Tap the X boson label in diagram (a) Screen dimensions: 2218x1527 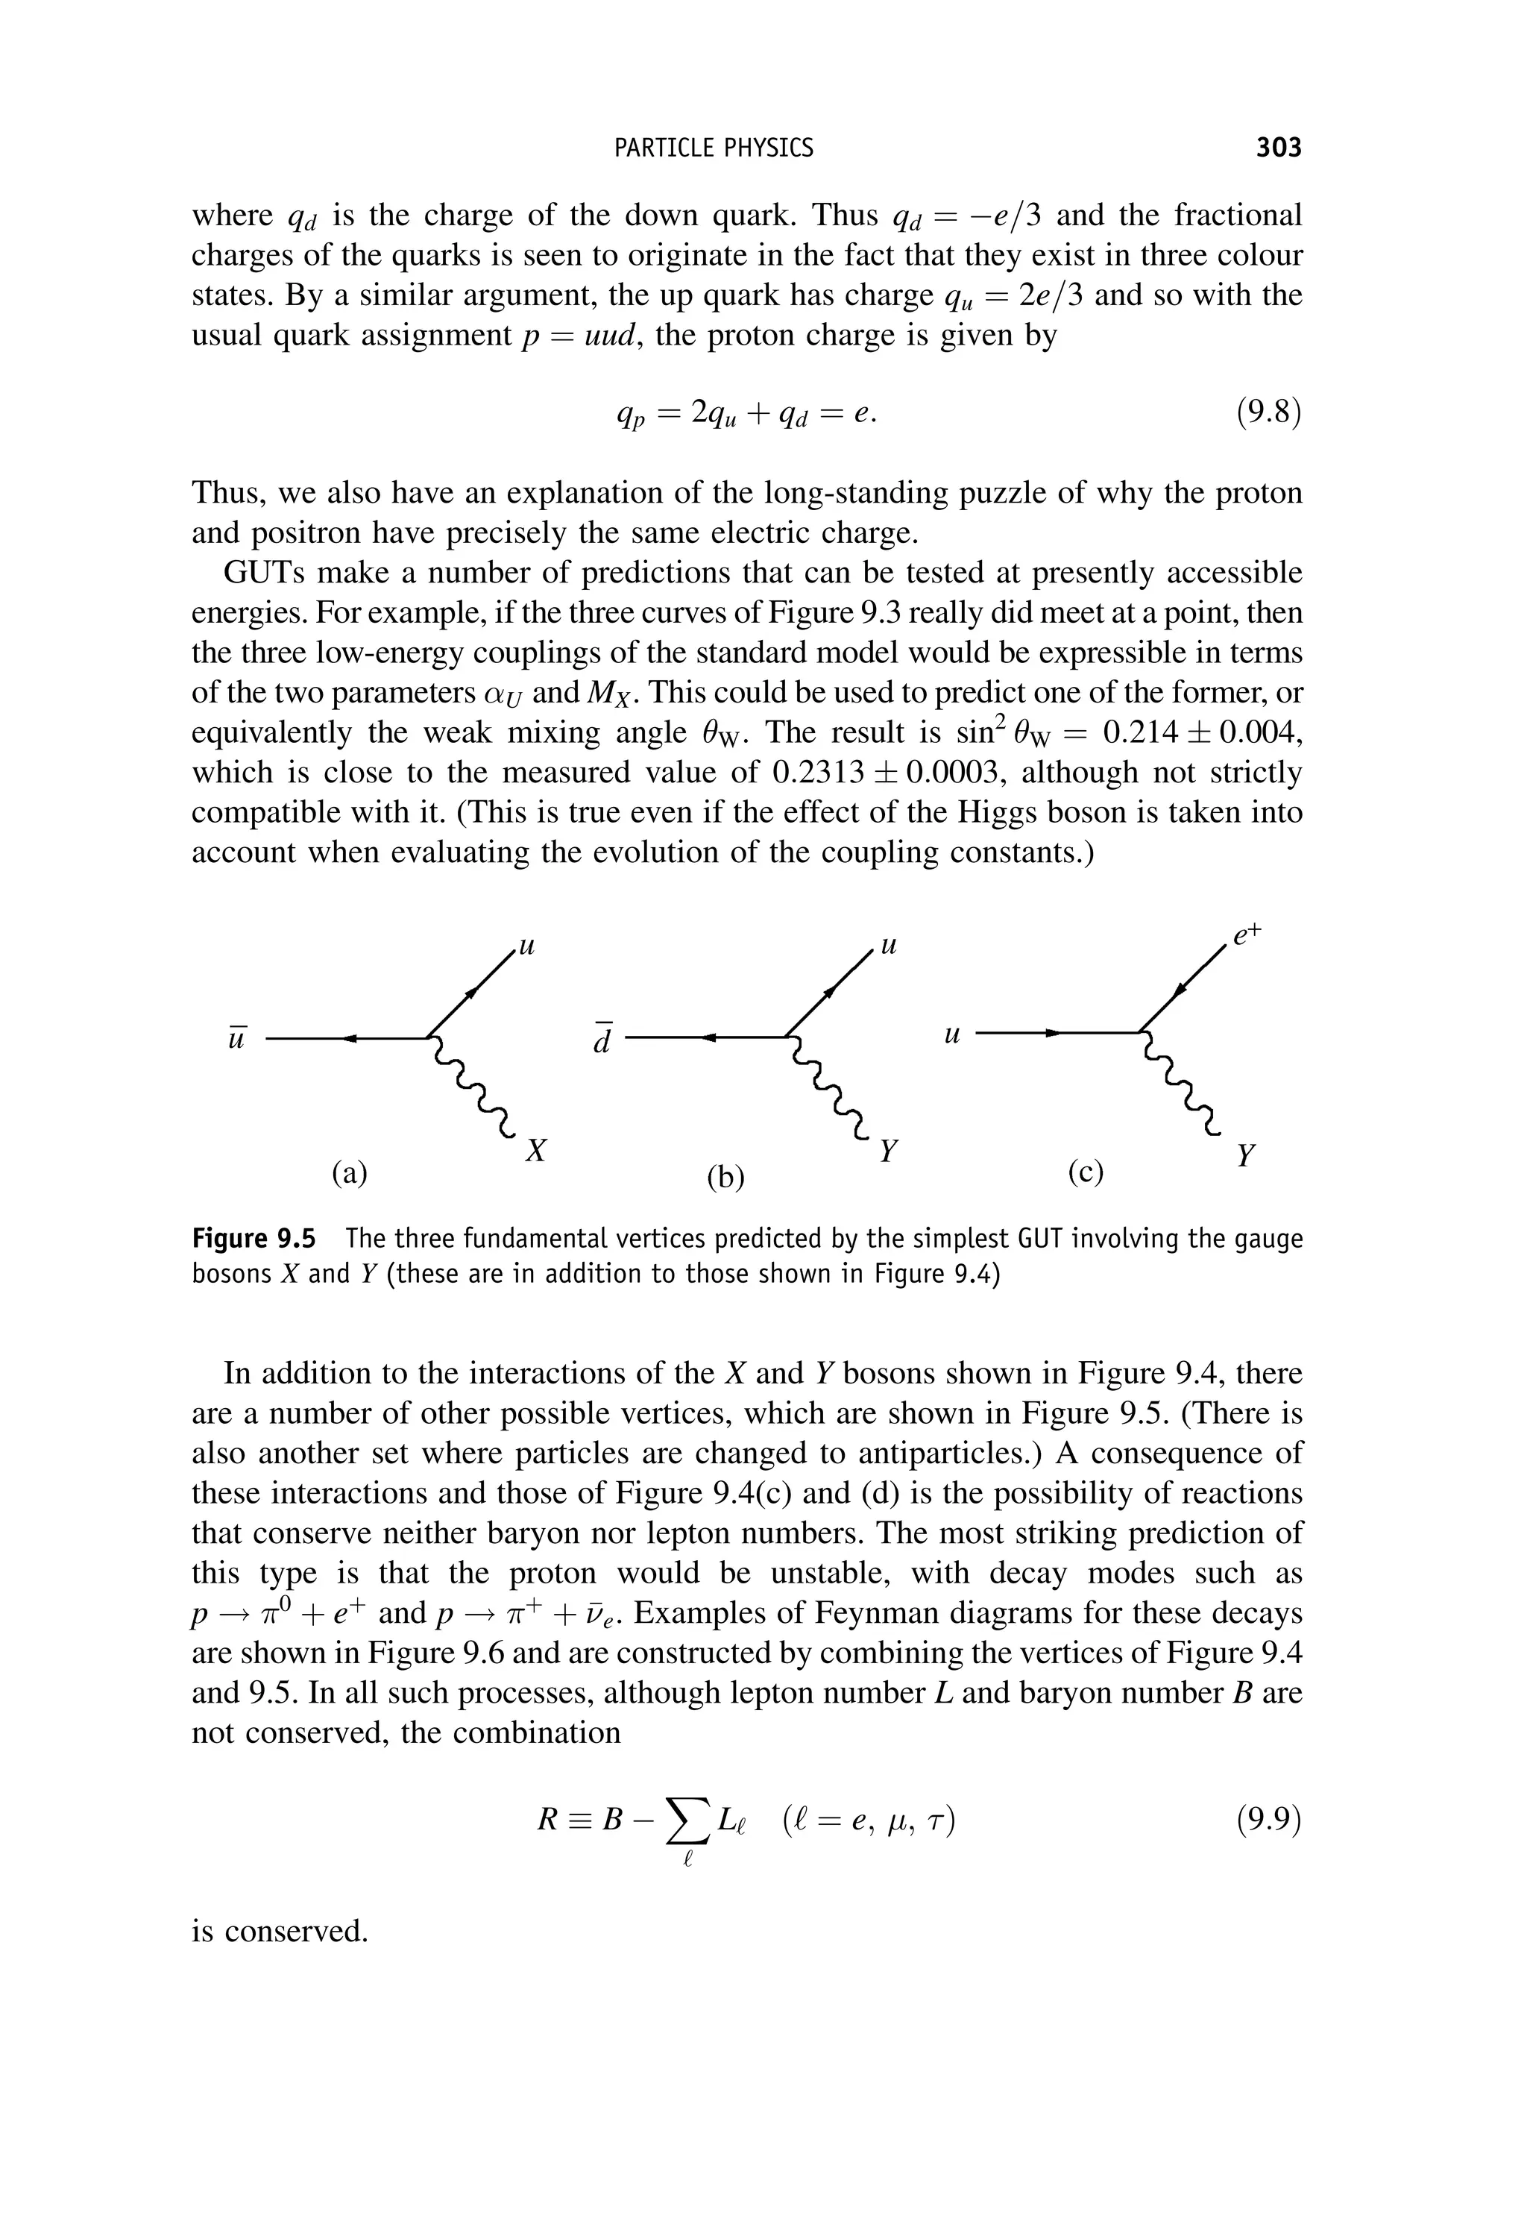point(536,1151)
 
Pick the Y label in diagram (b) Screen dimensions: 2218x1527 point(889,1151)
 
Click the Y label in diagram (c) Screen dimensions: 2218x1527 point(1244,1156)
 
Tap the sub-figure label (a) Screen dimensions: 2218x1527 point(349,1172)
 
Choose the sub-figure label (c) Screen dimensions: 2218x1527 point(1086,1172)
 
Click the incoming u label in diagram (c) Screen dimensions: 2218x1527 point(951,1034)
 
